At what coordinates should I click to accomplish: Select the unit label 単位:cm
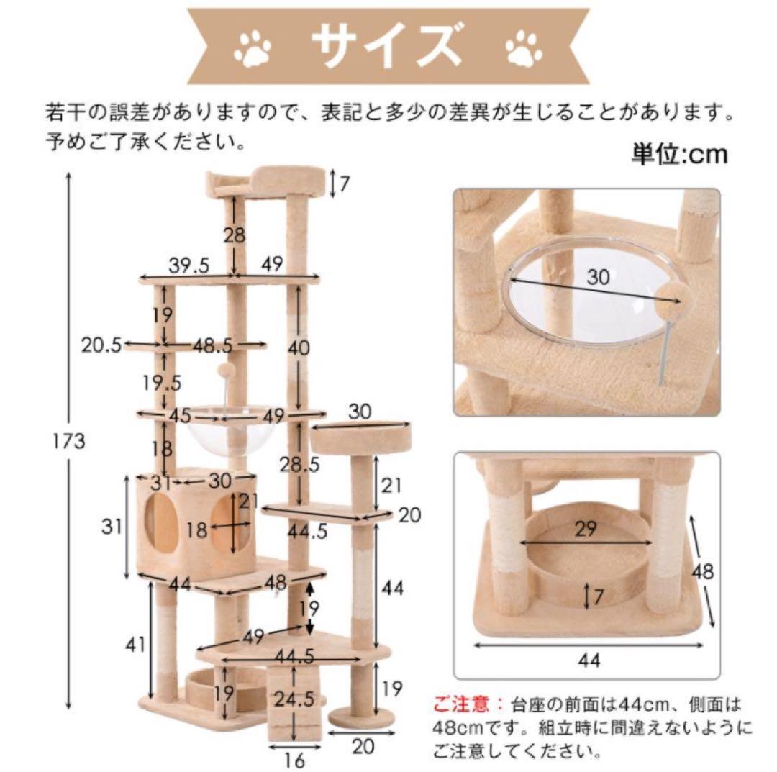pos(679,154)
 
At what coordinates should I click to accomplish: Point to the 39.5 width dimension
pos(188,265)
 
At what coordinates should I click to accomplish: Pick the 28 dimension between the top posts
pos(235,235)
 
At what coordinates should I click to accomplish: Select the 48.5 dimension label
pos(212,347)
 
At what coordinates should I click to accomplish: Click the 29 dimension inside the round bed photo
pos(586,530)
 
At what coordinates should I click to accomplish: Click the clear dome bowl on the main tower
pos(216,433)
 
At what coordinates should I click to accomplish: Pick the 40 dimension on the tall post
pos(297,348)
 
